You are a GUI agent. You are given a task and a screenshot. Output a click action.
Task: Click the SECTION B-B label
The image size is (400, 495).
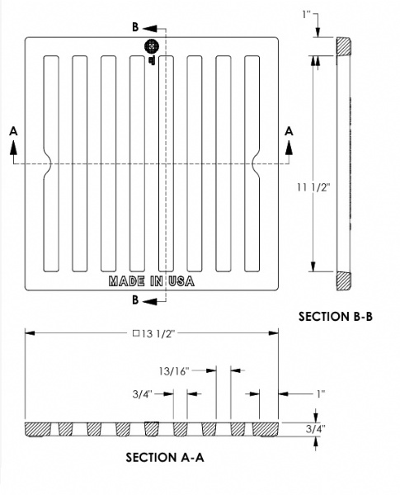[330, 316]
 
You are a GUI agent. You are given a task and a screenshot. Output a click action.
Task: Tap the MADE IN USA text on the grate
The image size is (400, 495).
[150, 281]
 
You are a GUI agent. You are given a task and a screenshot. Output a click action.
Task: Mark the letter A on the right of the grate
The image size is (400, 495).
[289, 130]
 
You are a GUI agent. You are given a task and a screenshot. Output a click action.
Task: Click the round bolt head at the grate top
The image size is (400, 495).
[151, 47]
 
